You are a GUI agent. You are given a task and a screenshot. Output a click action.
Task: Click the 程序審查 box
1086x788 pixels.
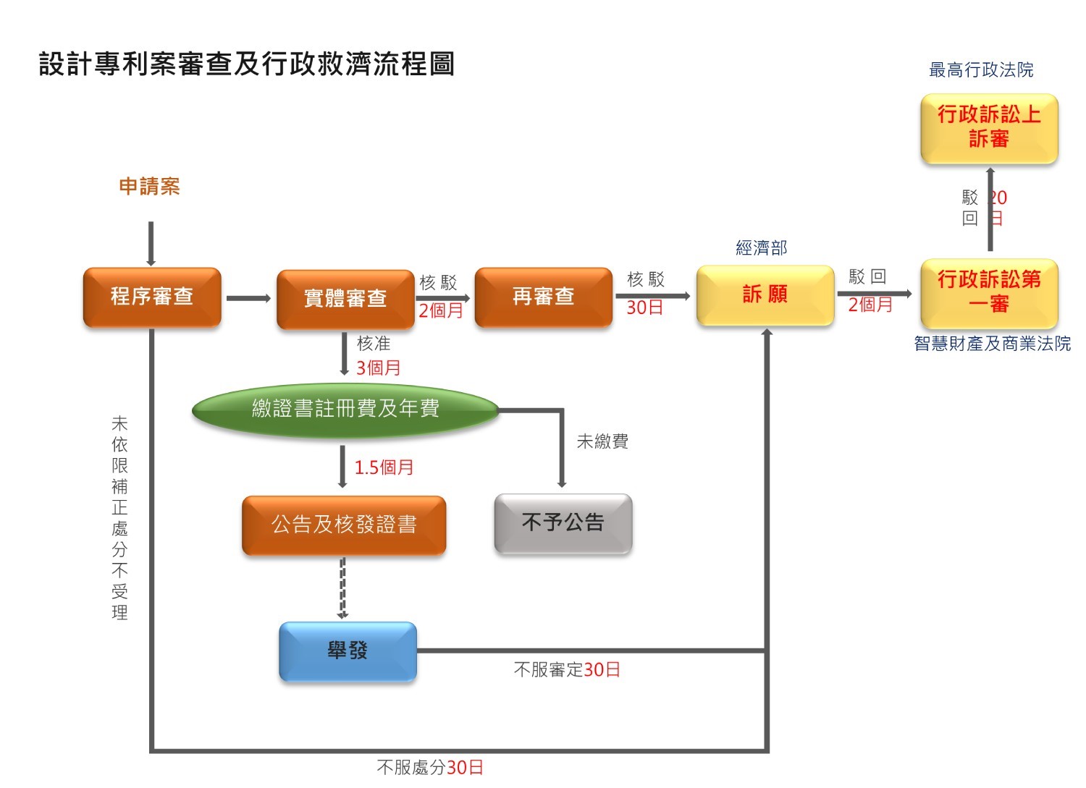pos(152,297)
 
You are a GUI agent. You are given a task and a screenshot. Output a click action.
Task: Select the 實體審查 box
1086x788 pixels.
pos(345,299)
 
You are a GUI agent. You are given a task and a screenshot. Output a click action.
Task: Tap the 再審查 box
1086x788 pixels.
pos(543,297)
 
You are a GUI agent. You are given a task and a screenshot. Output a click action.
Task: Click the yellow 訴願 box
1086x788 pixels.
pos(765,295)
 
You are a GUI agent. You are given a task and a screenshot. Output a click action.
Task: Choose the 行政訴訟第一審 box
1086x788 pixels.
pos(989,292)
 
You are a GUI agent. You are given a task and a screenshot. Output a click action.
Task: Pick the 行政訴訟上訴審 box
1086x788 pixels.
pos(989,127)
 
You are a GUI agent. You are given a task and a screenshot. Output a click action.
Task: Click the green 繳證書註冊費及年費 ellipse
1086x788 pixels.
pos(345,410)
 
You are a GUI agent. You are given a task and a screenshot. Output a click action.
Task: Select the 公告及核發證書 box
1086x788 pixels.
pos(344,525)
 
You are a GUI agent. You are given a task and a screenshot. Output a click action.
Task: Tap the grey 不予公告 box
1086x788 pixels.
pos(563,523)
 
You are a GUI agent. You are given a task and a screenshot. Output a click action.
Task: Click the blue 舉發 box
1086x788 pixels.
pos(348,651)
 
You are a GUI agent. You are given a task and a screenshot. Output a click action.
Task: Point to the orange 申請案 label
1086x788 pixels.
pos(149,187)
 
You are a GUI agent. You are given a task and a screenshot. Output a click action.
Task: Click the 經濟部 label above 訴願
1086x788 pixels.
pos(761,248)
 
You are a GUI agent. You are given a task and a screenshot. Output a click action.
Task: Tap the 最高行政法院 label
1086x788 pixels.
pos(981,70)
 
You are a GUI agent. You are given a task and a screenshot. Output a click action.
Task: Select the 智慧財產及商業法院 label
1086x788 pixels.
pos(992,344)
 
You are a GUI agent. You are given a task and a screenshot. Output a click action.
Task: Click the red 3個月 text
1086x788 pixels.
pos(378,368)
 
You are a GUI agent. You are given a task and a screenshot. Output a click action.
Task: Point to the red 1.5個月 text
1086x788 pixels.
pos(384,468)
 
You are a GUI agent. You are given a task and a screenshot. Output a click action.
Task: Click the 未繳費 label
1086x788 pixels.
pos(602,441)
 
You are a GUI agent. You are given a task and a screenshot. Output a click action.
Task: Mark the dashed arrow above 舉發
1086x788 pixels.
pos(343,588)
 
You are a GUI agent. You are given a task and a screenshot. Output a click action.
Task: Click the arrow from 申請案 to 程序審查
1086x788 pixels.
pos(151,244)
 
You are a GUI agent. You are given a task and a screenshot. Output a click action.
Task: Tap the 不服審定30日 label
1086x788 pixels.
pos(567,670)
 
